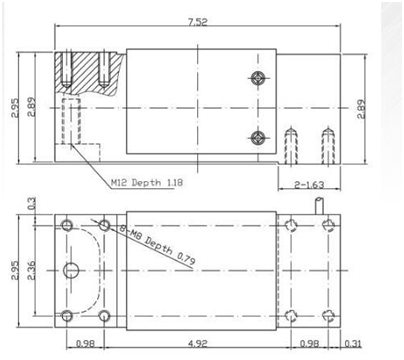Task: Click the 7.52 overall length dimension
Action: pos(198,22)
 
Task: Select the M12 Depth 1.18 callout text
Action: pos(147,183)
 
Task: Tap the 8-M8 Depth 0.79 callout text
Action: pos(157,245)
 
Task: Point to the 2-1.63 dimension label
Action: pos(309,185)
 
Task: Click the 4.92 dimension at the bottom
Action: pos(198,343)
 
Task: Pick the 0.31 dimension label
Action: pos(353,343)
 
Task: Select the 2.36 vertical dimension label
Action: pos(30,271)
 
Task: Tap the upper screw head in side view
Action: pos(258,78)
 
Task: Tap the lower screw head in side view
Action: pos(258,137)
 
